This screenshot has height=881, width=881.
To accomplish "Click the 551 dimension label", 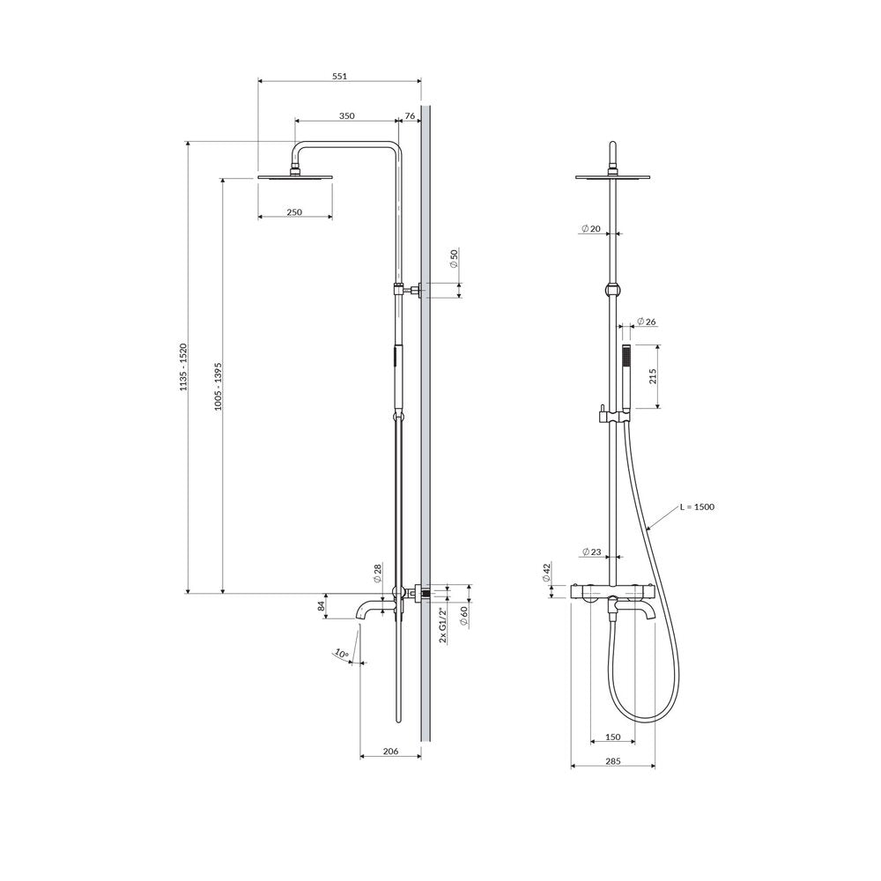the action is click(x=339, y=76).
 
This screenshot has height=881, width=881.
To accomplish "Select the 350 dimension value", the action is click(x=346, y=115).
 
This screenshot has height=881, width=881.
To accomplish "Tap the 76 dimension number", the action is click(x=411, y=115).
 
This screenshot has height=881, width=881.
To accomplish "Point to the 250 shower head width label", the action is click(x=294, y=211).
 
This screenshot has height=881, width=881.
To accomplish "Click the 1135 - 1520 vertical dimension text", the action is click(x=183, y=366).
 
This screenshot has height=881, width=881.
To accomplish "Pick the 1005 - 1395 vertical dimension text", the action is click(x=218, y=386).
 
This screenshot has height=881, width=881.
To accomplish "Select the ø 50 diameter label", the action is click(x=455, y=258).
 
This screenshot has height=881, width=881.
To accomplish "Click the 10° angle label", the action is click(x=341, y=654).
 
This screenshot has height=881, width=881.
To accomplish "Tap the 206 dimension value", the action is click(x=390, y=751).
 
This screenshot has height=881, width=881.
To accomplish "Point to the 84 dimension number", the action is click(x=322, y=606).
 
